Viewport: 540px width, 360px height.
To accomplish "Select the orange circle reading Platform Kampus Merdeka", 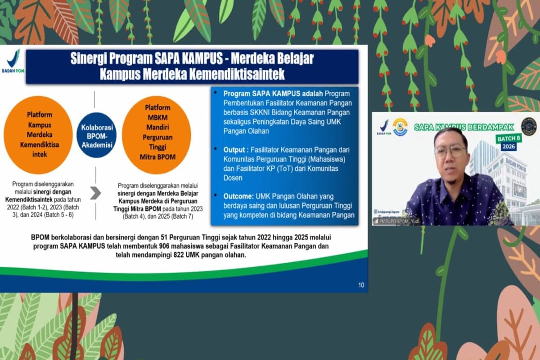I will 38,135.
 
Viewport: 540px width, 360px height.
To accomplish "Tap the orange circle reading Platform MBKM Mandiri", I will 156,135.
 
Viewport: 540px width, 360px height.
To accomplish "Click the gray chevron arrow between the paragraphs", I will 95,193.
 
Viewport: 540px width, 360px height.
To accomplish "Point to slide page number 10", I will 361,284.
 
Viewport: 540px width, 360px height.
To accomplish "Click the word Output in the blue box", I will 235,149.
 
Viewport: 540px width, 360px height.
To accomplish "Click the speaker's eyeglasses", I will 450,151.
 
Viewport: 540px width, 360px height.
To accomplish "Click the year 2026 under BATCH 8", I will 508,147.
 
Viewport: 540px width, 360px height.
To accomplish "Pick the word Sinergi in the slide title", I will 87,59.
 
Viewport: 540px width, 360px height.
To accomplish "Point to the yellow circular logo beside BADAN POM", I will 400,127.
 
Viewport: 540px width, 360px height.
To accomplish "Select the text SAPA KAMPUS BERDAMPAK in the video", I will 465,127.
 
